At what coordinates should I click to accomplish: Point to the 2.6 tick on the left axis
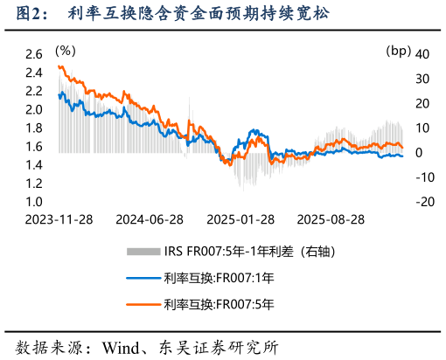click(34, 54)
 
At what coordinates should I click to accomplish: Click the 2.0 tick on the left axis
click(34, 109)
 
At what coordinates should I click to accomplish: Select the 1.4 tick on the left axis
click(34, 164)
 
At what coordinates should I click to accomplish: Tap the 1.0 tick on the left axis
click(34, 202)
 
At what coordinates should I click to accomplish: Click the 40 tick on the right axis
click(423, 54)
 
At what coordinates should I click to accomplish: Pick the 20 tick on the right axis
click(423, 103)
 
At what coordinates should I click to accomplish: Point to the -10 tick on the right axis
click(423, 177)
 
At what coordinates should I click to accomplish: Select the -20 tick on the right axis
click(423, 202)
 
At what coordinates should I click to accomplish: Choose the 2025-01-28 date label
click(240, 218)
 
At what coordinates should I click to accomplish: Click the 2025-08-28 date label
click(332, 218)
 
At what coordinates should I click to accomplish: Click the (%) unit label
click(65, 51)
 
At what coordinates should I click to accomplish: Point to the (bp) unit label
click(398, 51)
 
